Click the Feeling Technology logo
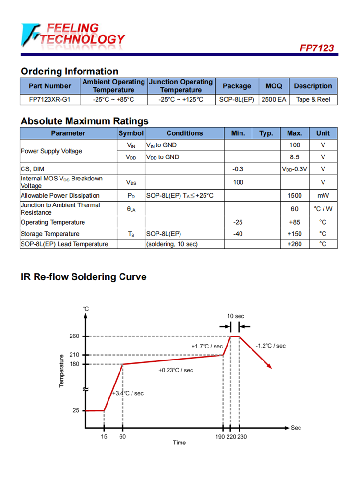point(72,35)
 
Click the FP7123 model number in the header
point(316,48)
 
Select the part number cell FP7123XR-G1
point(50,100)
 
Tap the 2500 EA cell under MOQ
point(274,100)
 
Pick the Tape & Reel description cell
point(313,100)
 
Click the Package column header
point(237,86)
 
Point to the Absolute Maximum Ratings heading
point(84,121)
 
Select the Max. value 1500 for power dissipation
point(294,196)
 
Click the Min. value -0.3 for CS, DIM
point(238,169)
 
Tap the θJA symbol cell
point(131,209)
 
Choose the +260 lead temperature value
point(294,244)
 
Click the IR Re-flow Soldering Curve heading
point(84,277)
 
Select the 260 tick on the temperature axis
point(74,336)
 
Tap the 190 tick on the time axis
point(220,437)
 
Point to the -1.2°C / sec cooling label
point(270,346)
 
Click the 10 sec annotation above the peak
point(236,316)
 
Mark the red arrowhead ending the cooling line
point(269,366)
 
